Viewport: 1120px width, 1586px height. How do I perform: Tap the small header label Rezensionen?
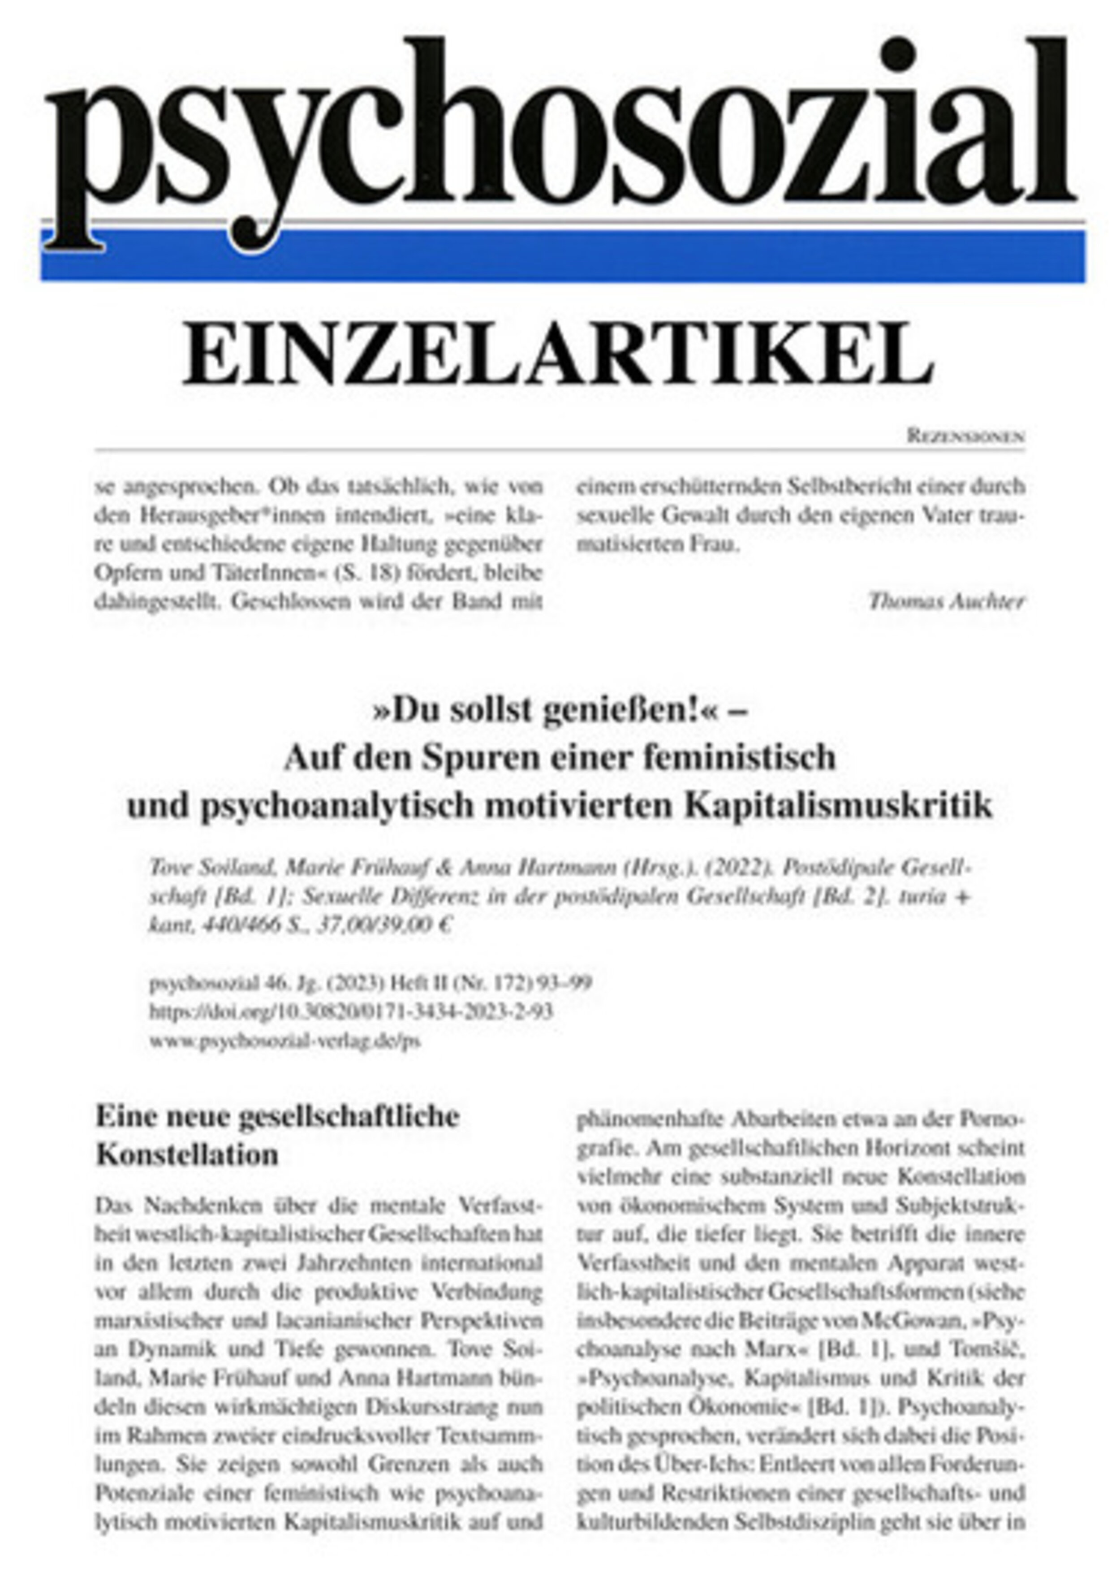965,436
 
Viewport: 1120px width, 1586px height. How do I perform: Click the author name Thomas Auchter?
946,602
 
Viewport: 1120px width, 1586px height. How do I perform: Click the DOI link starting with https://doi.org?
351,1012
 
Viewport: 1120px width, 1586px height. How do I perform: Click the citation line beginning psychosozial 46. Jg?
370,982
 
